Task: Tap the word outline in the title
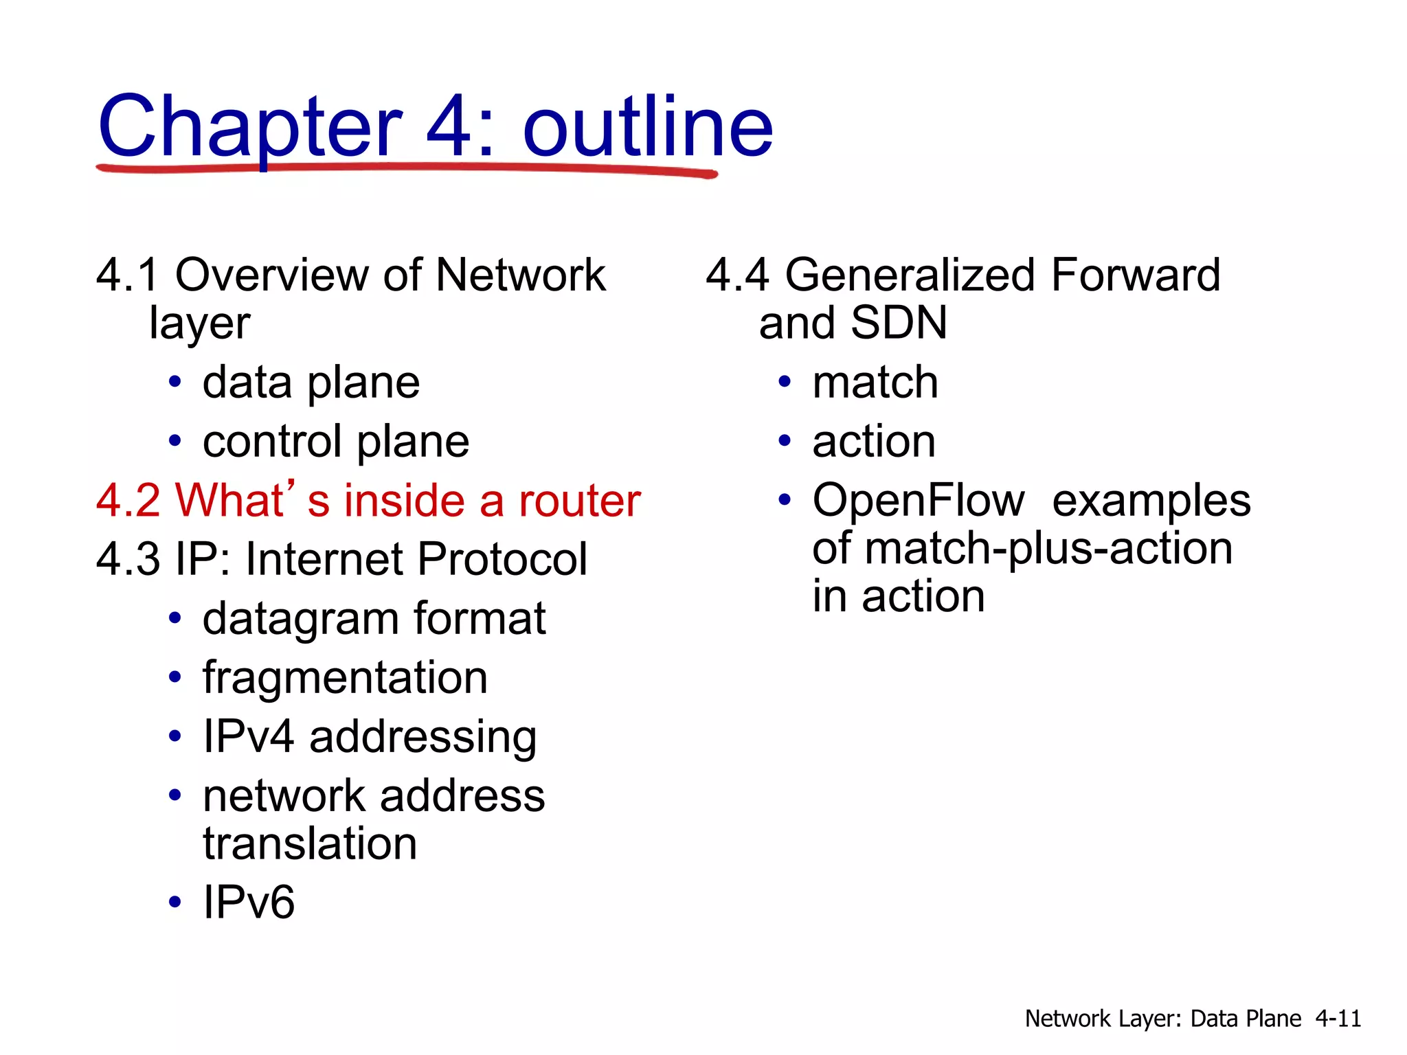(x=648, y=128)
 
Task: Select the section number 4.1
(x=127, y=275)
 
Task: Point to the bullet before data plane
(x=175, y=383)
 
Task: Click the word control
(x=272, y=441)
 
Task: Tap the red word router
(x=580, y=500)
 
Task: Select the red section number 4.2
(x=128, y=500)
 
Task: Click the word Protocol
(x=502, y=559)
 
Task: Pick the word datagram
(x=300, y=620)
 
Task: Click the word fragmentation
(x=345, y=678)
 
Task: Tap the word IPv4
(x=249, y=736)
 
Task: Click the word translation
(x=310, y=843)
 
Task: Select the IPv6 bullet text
(x=249, y=903)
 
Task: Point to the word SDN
(x=899, y=323)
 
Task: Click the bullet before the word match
(x=785, y=383)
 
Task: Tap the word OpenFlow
(x=919, y=500)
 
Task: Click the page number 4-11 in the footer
(x=1338, y=1019)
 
